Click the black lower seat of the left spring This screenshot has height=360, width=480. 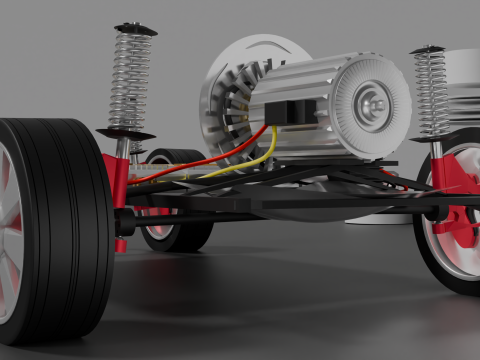click(x=126, y=133)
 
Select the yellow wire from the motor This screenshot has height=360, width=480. click(x=246, y=160)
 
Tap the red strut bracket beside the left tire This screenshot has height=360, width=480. click(x=119, y=180)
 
